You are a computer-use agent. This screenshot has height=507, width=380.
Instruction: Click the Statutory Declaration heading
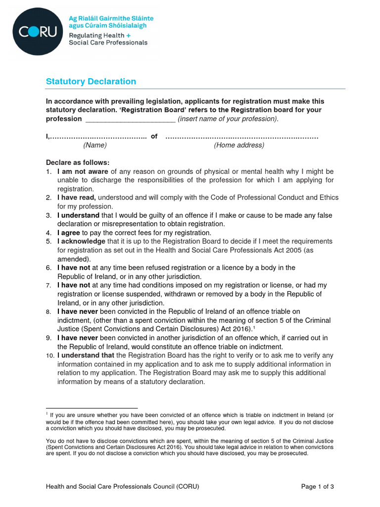tap(91, 81)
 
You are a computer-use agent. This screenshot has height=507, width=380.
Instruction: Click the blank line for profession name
tap(130, 119)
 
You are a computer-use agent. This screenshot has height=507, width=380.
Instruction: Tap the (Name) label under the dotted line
tap(95, 145)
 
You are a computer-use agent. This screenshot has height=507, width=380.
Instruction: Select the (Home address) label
tap(239, 145)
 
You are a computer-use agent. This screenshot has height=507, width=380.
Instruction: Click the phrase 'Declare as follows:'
tap(78, 162)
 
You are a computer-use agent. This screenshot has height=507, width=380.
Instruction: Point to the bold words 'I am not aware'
tap(80, 171)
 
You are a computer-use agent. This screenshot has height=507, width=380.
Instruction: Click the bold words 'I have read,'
tap(76, 198)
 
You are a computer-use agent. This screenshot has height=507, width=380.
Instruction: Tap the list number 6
tap(48, 268)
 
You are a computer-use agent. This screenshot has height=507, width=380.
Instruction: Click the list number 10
tap(49, 355)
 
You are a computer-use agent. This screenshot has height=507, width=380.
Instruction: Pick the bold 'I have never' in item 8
tap(78, 311)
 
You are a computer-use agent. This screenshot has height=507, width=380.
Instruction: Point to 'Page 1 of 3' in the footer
tap(318, 486)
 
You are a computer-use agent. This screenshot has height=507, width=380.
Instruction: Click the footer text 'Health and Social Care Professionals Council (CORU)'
tap(122, 486)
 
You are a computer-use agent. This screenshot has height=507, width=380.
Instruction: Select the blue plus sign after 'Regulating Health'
tap(129, 35)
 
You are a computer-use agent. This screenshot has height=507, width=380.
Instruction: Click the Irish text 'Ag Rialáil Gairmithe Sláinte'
tap(111, 18)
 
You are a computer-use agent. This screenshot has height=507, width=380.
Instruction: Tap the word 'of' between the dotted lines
tap(154, 137)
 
